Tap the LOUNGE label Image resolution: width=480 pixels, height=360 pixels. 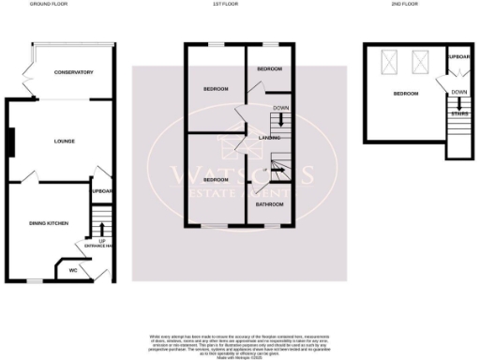pyautogui.click(x=64, y=142)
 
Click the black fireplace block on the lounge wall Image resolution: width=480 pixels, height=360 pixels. pyautogui.click(x=10, y=142)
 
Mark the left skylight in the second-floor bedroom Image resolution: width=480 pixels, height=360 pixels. pyautogui.click(x=387, y=64)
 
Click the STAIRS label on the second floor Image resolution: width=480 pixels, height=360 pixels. pyautogui.click(x=458, y=113)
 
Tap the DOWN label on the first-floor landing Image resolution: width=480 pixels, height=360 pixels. pyautogui.click(x=280, y=108)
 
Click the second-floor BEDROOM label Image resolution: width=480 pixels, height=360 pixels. pyautogui.click(x=405, y=94)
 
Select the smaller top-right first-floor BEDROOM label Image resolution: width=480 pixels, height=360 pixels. pyautogui.click(x=270, y=69)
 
